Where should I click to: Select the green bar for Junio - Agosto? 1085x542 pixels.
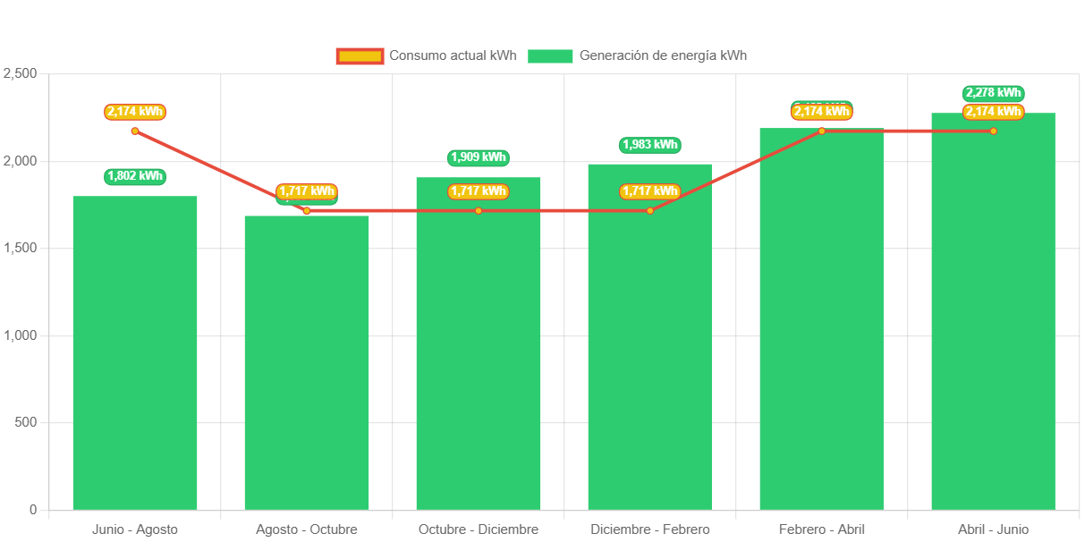(135, 358)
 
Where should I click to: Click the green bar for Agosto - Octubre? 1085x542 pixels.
(307, 367)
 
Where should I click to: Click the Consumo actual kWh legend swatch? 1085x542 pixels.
(360, 56)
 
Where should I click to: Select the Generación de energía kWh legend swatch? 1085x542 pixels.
(550, 56)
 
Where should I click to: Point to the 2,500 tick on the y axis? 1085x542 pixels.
(20, 73)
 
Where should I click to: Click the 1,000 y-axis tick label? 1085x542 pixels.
(20, 335)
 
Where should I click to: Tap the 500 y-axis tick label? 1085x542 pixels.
(27, 422)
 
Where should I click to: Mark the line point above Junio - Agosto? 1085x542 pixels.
(135, 131)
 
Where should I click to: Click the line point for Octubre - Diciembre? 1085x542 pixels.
(479, 211)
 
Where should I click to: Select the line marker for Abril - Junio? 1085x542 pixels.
(993, 131)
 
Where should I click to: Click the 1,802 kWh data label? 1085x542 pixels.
(135, 176)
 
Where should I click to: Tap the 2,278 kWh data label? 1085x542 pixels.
(993, 93)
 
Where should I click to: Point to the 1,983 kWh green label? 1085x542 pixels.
(650, 145)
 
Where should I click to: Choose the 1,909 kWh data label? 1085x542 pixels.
(479, 157)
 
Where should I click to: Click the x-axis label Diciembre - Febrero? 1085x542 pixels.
(650, 529)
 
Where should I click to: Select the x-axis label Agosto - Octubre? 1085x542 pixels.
(307, 529)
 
